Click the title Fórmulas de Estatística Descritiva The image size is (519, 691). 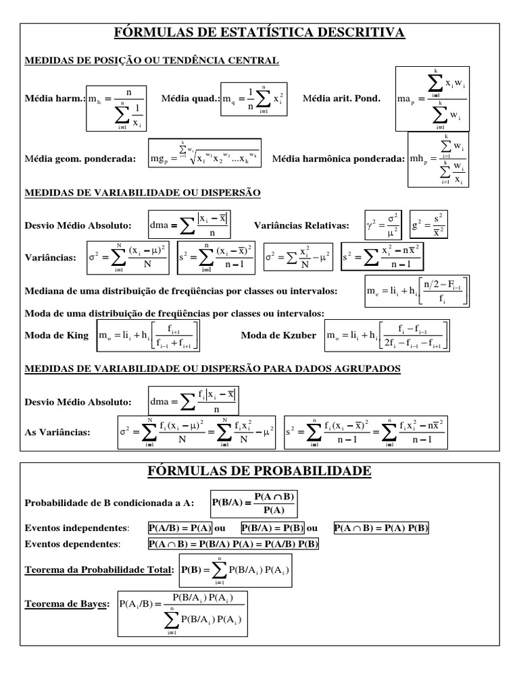pyautogui.click(x=259, y=33)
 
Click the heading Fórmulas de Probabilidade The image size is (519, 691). pyautogui.click(x=259, y=470)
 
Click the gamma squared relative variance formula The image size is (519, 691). pyautogui.click(x=383, y=225)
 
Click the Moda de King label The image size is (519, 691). pyautogui.click(x=57, y=335)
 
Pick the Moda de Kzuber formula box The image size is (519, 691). pyautogui.click(x=387, y=335)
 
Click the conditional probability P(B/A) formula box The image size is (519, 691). pyautogui.click(x=254, y=503)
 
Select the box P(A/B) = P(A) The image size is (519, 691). pyautogui.click(x=180, y=528)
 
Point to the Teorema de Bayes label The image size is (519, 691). pyautogui.click(x=66, y=605)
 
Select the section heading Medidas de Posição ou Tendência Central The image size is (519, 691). pyautogui.click(x=151, y=61)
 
